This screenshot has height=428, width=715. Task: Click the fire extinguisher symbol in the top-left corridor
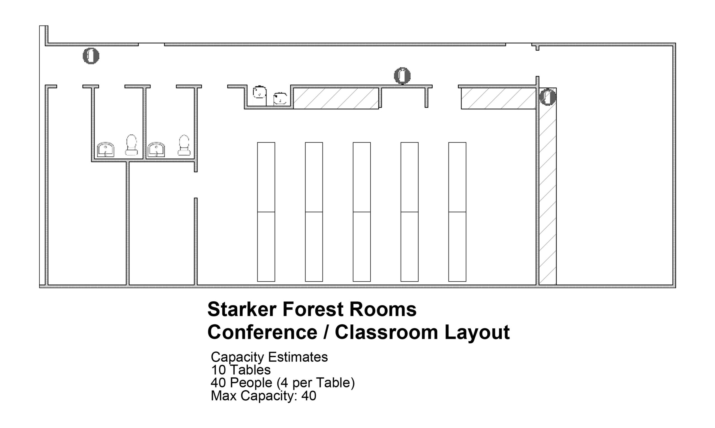pyautogui.click(x=91, y=56)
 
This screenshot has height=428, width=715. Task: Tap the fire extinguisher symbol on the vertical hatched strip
pyautogui.click(x=548, y=97)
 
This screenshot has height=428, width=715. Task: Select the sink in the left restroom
pyautogui.click(x=106, y=149)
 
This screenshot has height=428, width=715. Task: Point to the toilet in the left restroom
pyautogui.click(x=132, y=145)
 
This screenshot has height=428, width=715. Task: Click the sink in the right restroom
pyautogui.click(x=156, y=149)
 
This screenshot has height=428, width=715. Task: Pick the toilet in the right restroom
pyautogui.click(x=184, y=145)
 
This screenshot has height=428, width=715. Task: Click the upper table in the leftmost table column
pyautogui.click(x=266, y=177)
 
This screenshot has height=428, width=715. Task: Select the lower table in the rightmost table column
pyautogui.click(x=457, y=247)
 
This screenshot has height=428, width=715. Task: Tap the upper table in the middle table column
pyautogui.click(x=362, y=177)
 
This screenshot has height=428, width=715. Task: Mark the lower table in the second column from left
pyautogui.click(x=314, y=247)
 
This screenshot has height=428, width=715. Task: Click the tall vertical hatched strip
pyautogui.click(x=548, y=186)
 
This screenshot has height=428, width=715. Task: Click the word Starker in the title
pyautogui.click(x=242, y=309)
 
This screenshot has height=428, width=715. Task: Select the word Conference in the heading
pyautogui.click(x=262, y=332)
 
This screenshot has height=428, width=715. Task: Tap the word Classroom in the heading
pyautogui.click(x=386, y=332)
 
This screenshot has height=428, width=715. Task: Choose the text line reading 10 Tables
pyautogui.click(x=241, y=370)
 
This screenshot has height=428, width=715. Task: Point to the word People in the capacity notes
pyautogui.click(x=251, y=383)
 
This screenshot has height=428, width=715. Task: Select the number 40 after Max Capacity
pyautogui.click(x=309, y=396)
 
